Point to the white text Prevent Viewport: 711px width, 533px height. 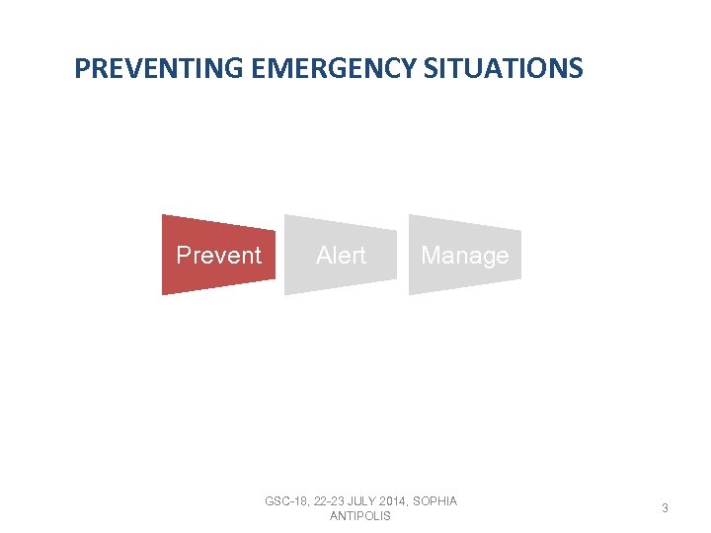coord(218,256)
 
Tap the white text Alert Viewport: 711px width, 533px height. coord(341,256)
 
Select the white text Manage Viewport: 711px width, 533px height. coord(464,256)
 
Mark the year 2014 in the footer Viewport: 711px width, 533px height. coord(402,501)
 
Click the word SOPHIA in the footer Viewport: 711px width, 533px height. coord(438,501)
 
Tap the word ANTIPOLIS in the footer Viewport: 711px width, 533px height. coord(360,516)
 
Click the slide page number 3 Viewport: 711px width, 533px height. coord(665,508)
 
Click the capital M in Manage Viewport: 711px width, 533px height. coord(431,256)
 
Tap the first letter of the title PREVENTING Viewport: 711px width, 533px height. coord(81,69)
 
